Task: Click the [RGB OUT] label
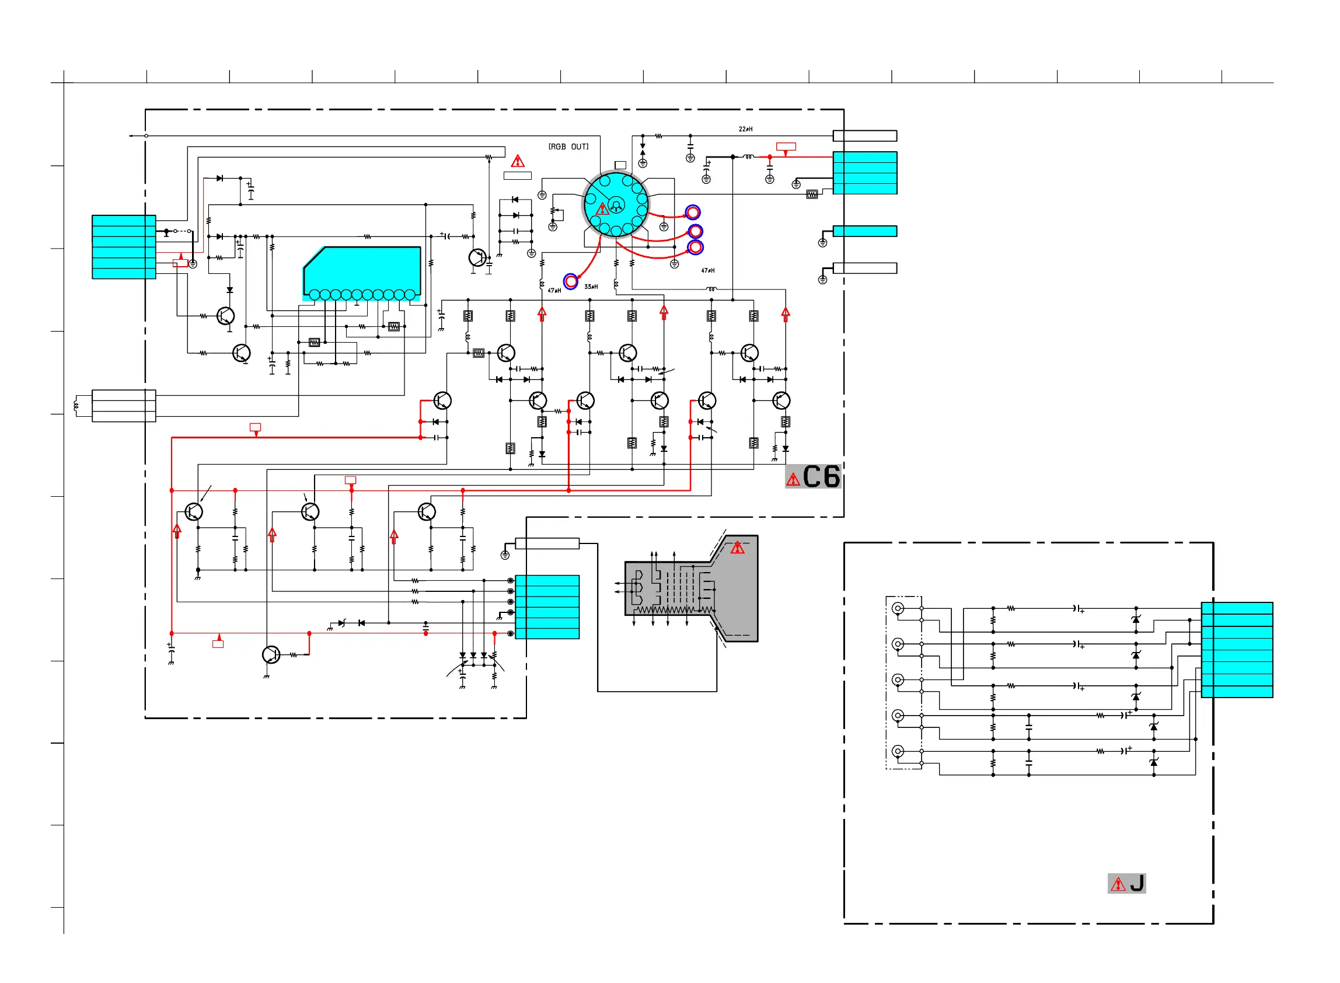[x=568, y=147]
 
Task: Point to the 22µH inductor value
[x=745, y=129]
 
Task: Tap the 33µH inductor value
[x=591, y=287]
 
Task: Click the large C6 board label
[x=821, y=476]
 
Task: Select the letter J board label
[x=1136, y=883]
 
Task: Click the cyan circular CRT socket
[x=616, y=205]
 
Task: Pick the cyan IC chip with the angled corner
[x=362, y=273]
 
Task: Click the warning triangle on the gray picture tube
[x=738, y=548]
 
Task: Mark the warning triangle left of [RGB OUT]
[x=518, y=161]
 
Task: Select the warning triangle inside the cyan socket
[x=602, y=209]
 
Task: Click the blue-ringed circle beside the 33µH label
[x=570, y=281]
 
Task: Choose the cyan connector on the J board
[x=1237, y=650]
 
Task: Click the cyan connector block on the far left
[x=124, y=247]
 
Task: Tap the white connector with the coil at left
[x=124, y=406]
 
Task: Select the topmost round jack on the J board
[x=898, y=608]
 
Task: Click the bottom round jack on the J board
[x=898, y=751]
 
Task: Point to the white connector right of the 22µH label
[x=865, y=135]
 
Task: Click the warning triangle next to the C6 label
[x=793, y=479]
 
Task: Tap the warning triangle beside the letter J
[x=1118, y=884]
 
